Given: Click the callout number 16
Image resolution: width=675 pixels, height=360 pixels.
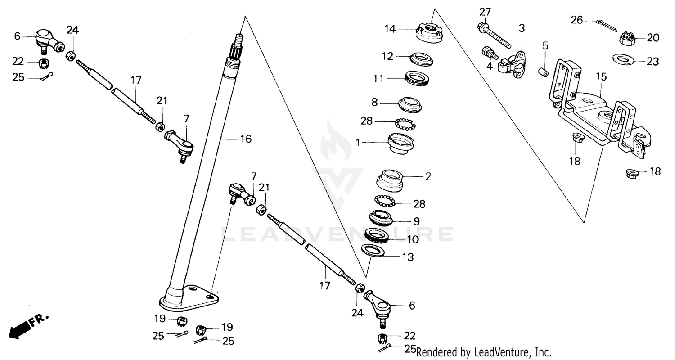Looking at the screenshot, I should coord(245,139).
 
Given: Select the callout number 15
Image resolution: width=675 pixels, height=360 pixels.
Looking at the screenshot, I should coord(601,77).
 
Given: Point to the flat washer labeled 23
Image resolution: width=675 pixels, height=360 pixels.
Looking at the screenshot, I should coord(625,59).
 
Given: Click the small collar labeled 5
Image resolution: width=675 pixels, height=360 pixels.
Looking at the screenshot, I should coord(544,71).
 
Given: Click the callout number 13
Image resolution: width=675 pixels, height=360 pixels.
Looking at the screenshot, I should coord(408,257).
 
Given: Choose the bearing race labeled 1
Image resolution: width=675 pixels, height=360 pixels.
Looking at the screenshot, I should coord(400,142).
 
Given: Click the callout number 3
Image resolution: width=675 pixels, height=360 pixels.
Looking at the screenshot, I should coord(522,28).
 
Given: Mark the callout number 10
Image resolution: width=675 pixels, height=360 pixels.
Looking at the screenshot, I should coord(413,239).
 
